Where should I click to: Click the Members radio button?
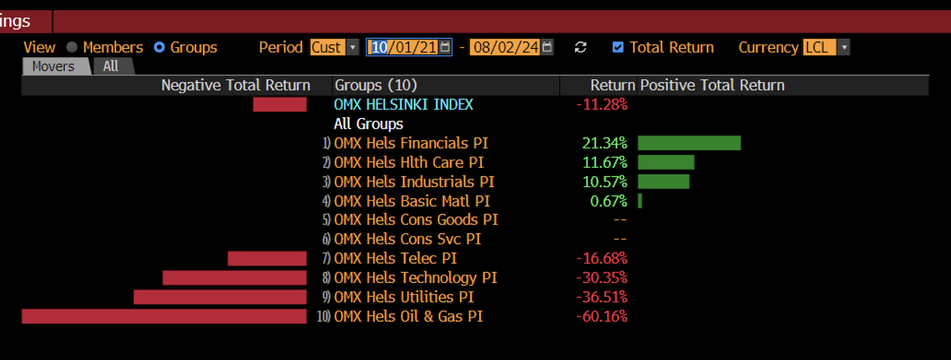click(x=72, y=48)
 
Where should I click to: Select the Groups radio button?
click(x=159, y=48)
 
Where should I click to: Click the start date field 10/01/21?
click(x=404, y=48)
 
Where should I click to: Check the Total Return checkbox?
click(x=618, y=48)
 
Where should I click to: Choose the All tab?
click(x=111, y=66)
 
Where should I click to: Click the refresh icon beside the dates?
click(x=580, y=48)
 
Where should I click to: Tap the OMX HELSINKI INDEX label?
click(x=404, y=104)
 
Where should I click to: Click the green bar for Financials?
click(x=689, y=143)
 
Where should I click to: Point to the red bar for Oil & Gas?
click(x=164, y=316)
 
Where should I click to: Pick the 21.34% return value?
click(x=605, y=143)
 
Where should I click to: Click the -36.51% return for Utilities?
click(x=601, y=297)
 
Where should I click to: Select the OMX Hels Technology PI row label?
click(x=416, y=278)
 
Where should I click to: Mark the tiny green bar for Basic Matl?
click(x=640, y=201)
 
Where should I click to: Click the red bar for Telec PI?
click(x=267, y=258)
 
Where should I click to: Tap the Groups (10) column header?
click(x=377, y=85)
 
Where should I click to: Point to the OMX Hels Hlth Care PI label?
click(x=409, y=162)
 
